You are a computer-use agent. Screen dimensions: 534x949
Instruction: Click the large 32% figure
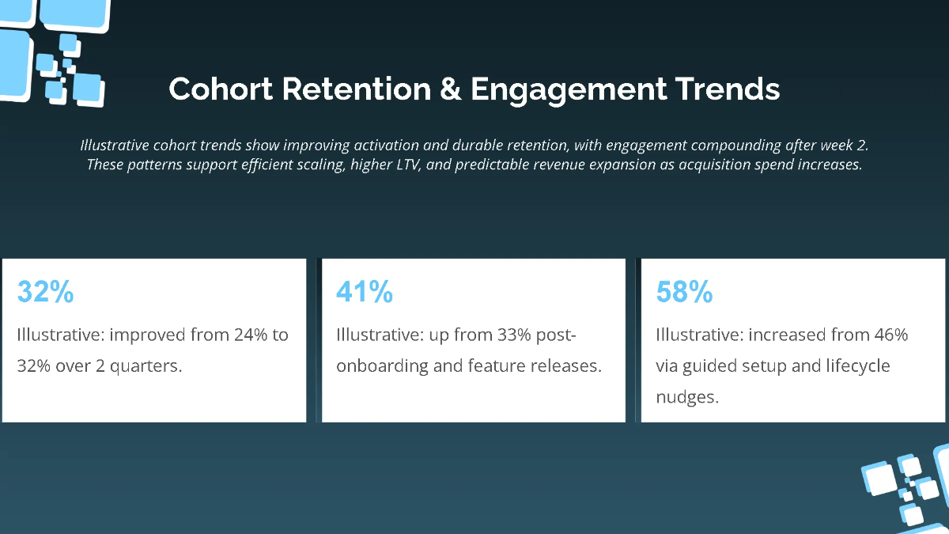pyautogui.click(x=46, y=292)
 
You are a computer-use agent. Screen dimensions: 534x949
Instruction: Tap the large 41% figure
pyautogui.click(x=365, y=292)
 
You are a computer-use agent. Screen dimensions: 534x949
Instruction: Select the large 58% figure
pyautogui.click(x=684, y=292)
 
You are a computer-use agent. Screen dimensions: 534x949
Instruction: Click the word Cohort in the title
pyautogui.click(x=220, y=89)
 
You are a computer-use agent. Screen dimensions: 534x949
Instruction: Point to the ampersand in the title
pyautogui.click(x=450, y=89)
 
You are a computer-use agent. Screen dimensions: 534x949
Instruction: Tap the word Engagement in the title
pyautogui.click(x=568, y=89)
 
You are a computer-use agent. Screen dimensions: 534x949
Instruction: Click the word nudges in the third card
pyautogui.click(x=686, y=397)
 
